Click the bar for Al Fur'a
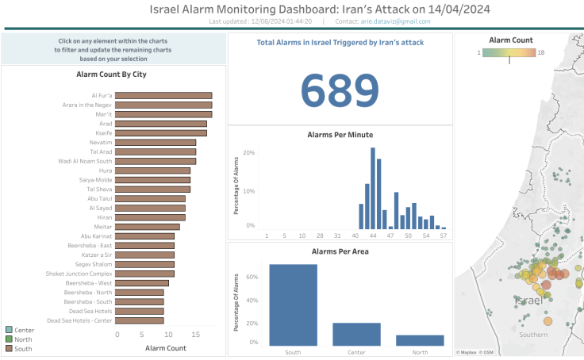click(x=164, y=95)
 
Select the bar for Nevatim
click(x=156, y=142)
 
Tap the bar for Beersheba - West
click(x=143, y=283)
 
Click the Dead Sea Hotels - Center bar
click(x=140, y=320)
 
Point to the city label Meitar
click(x=103, y=227)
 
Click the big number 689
click(x=340, y=90)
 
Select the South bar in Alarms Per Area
click(x=293, y=304)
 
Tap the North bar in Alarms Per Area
click(x=420, y=339)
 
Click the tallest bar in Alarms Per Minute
click(x=372, y=188)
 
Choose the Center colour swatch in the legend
click(x=9, y=330)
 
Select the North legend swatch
click(x=9, y=339)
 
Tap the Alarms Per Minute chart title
click(x=340, y=135)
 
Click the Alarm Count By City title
click(x=111, y=75)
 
